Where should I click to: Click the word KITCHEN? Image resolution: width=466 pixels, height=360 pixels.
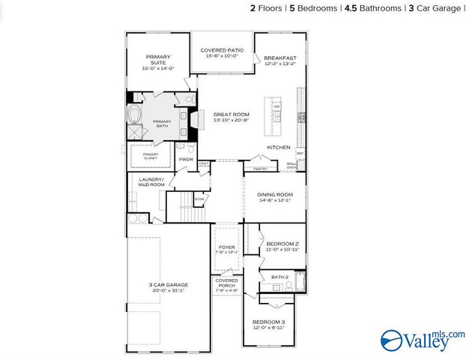tap(279, 147)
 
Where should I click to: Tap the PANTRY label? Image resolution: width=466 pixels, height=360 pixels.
tap(260, 169)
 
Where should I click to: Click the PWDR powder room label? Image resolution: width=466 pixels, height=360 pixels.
tap(186, 159)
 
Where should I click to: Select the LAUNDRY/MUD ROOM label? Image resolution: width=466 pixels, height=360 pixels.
tap(151, 181)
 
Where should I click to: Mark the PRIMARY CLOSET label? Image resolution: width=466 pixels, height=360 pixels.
tap(151, 156)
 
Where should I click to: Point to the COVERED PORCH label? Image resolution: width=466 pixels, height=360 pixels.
tap(226, 283)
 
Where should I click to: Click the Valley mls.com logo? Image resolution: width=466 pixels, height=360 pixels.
tap(423, 340)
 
